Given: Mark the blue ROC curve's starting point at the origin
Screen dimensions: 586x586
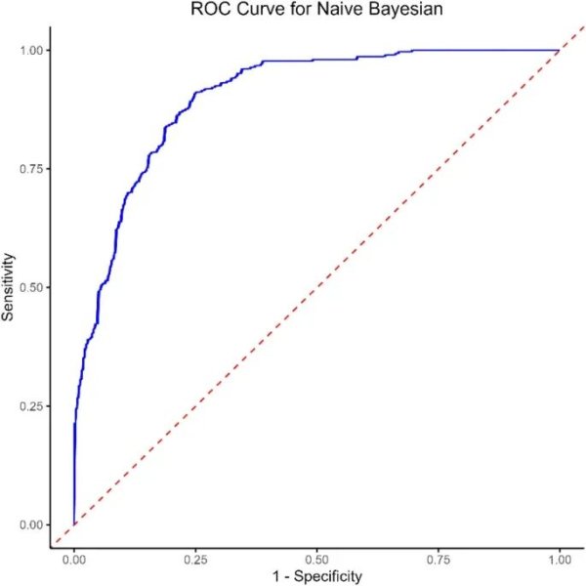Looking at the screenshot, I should [74, 524].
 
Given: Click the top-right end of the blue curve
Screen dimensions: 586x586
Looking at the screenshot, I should [559, 50].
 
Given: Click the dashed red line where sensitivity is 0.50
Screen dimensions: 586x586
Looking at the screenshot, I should [316, 287].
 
